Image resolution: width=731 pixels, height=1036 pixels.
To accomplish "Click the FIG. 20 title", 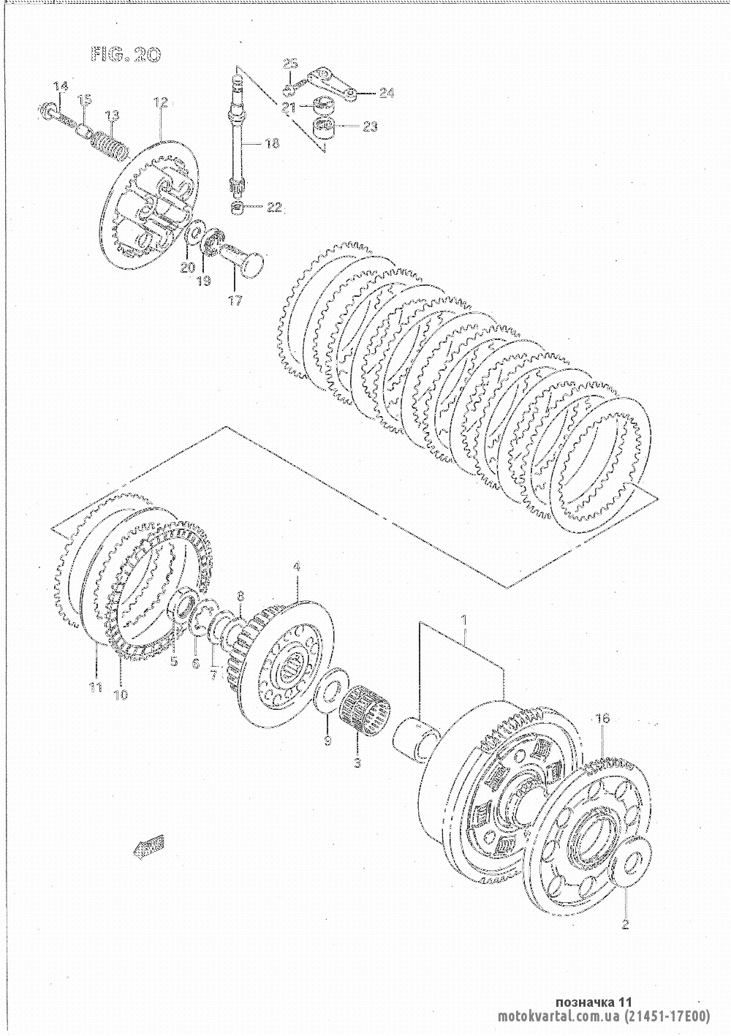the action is click(x=126, y=56).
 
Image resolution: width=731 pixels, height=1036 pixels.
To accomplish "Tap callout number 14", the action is click(x=61, y=86).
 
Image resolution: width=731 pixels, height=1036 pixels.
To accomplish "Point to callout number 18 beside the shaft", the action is click(x=273, y=143).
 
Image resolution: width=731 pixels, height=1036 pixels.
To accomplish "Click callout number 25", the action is click(x=290, y=64).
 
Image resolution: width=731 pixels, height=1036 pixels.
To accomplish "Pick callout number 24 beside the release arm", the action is click(x=386, y=93).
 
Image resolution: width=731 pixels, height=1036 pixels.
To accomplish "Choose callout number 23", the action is click(x=370, y=126).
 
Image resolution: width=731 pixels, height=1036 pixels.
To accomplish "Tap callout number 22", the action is click(x=273, y=208).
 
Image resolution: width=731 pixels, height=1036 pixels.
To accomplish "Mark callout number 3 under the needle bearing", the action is click(x=357, y=763).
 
